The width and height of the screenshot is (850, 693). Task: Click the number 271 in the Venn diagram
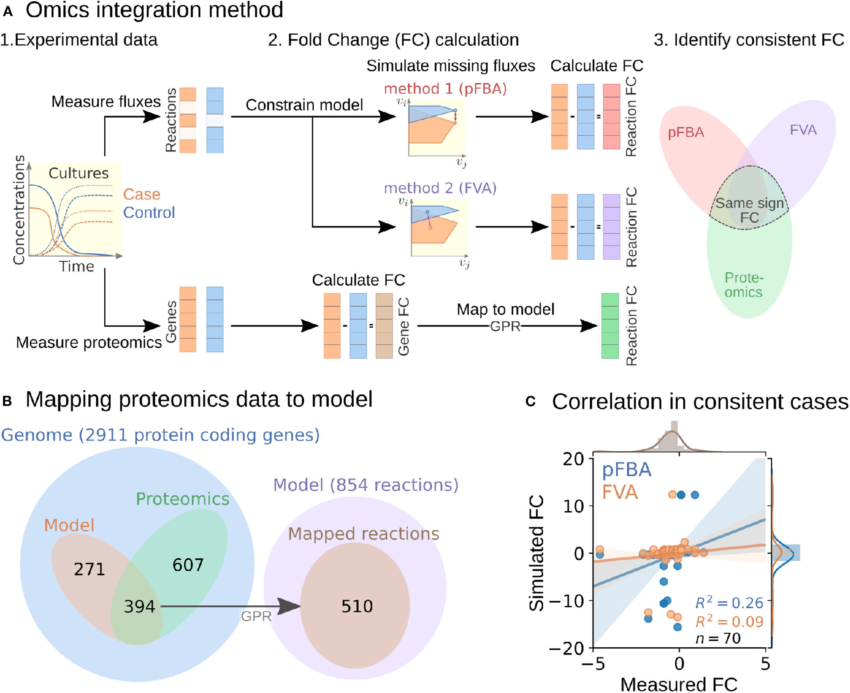click(x=89, y=569)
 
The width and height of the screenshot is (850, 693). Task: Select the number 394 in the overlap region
click(x=139, y=607)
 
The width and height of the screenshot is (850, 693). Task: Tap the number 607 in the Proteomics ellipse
click(x=188, y=565)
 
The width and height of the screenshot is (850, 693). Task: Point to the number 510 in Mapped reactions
click(x=357, y=607)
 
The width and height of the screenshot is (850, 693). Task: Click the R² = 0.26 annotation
click(x=729, y=602)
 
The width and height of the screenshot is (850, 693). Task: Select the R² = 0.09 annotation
click(x=729, y=621)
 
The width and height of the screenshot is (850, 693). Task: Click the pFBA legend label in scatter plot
click(x=626, y=470)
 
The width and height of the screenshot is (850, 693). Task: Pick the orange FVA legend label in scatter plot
click(x=620, y=492)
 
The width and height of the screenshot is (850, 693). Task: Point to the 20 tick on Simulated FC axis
click(x=573, y=459)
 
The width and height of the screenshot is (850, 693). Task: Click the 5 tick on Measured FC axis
click(x=765, y=664)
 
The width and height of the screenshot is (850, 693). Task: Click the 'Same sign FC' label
click(x=750, y=210)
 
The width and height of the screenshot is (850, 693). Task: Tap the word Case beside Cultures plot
click(x=141, y=194)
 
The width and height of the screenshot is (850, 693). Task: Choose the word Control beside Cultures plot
click(x=149, y=213)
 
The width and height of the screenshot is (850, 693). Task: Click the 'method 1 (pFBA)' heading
click(x=445, y=89)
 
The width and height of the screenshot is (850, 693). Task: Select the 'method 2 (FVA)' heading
click(x=440, y=188)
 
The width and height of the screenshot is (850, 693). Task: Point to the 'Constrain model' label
click(x=304, y=105)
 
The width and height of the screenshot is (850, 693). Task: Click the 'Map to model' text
click(x=505, y=309)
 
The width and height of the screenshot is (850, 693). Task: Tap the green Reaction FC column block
click(x=610, y=326)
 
